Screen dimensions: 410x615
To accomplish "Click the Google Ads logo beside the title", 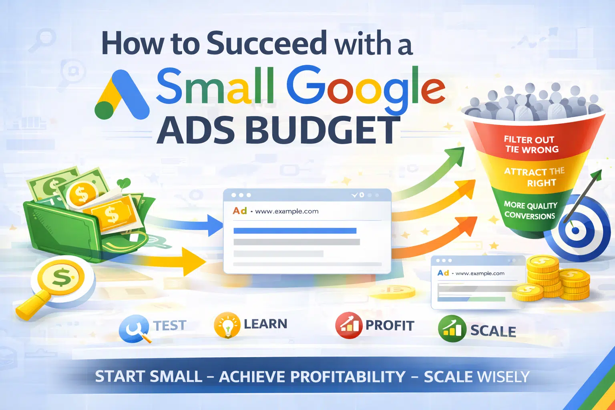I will [x=121, y=95].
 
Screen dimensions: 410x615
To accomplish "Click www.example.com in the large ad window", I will [x=287, y=211].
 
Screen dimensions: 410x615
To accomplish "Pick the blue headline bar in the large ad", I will [x=295, y=231].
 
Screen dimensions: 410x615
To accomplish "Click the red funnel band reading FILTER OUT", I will [x=531, y=145].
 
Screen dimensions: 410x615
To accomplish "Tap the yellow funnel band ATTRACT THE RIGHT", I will [x=534, y=177].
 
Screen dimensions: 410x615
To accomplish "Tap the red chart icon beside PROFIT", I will [x=349, y=325].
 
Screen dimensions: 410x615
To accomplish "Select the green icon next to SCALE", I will [x=452, y=329].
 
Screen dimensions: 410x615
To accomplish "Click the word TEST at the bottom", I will [x=170, y=326].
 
